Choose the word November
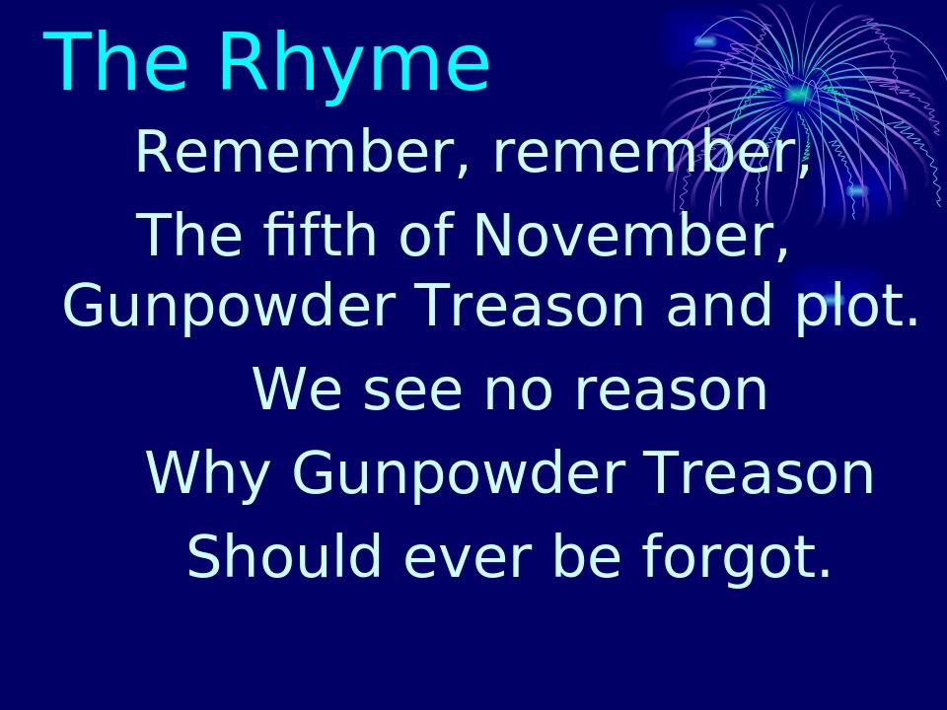631,236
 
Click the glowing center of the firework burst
797,95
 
